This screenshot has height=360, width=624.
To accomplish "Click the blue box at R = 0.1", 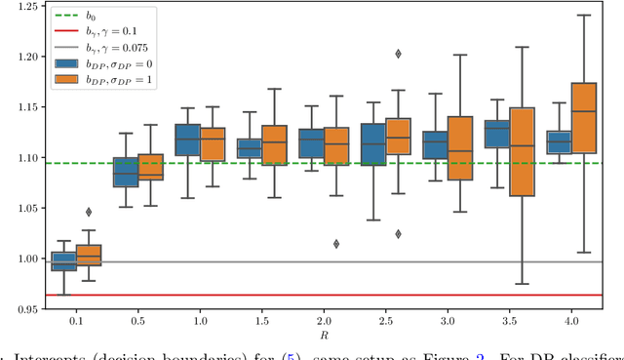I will point(63,261).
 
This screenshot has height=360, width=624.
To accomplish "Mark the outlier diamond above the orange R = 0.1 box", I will point(89,212).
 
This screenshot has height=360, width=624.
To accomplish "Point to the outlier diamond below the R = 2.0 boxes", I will point(335,244).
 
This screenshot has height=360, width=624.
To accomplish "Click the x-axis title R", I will point(323,337).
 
